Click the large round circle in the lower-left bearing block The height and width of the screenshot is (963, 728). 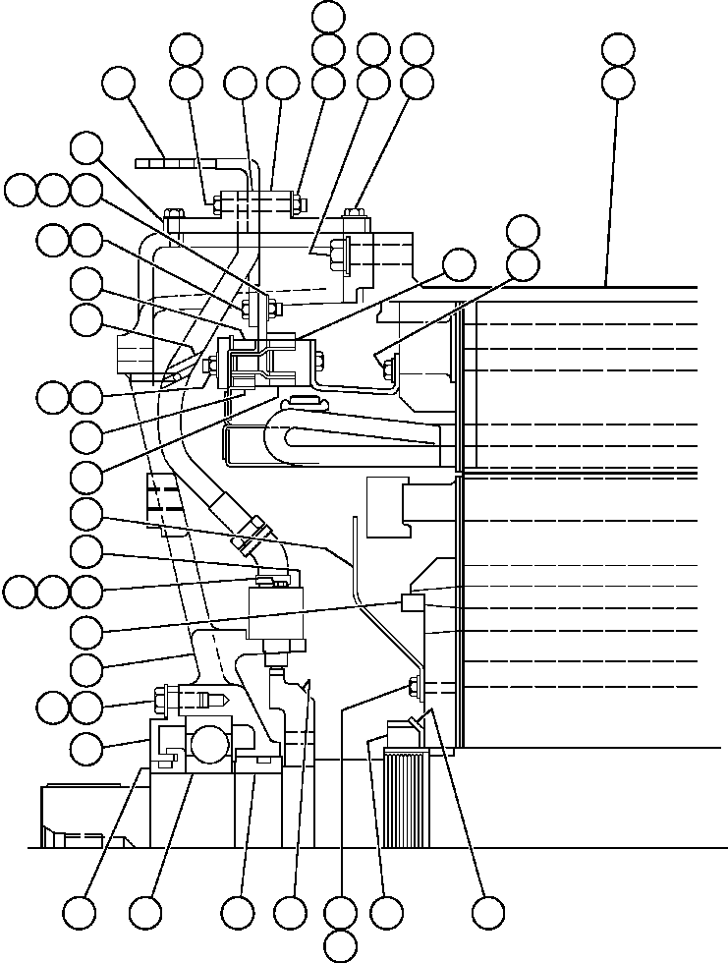[x=210, y=743]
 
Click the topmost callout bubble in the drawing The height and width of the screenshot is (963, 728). [x=327, y=16]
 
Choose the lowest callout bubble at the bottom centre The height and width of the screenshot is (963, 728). [x=340, y=945]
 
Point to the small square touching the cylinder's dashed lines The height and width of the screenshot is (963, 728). [x=411, y=601]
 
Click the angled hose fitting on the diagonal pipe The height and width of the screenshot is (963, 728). [x=252, y=532]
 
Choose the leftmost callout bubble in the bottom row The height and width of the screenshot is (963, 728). [x=84, y=912]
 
